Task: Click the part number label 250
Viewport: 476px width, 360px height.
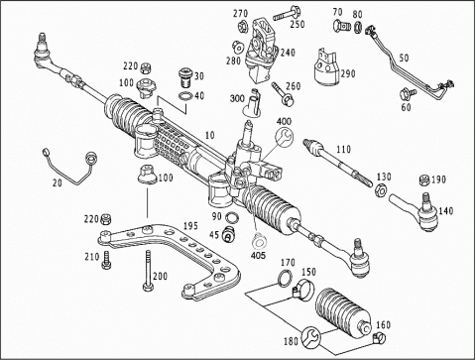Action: pyautogui.click(x=297, y=24)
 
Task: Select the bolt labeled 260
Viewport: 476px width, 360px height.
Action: pyautogui.click(x=282, y=93)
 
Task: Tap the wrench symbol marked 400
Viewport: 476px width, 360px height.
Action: pyautogui.click(x=284, y=137)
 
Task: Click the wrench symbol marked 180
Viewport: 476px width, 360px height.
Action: pyautogui.click(x=310, y=337)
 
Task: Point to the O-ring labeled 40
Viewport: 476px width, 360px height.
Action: pyautogui.click(x=185, y=97)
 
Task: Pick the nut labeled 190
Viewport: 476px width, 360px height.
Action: pyautogui.click(x=424, y=180)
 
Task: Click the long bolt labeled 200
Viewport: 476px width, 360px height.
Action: pyautogui.click(x=149, y=270)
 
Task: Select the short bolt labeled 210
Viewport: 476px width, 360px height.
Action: pyautogui.click(x=106, y=260)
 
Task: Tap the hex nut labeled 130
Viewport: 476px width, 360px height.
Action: pyautogui.click(x=381, y=190)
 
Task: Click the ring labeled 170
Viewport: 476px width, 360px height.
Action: pyautogui.click(x=285, y=278)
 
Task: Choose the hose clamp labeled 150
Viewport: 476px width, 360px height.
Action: pyautogui.click(x=303, y=287)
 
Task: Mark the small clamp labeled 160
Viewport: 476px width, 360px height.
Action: pyautogui.click(x=379, y=337)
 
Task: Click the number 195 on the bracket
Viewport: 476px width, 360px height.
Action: pyautogui.click(x=190, y=226)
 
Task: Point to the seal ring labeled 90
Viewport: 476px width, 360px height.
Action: pyautogui.click(x=231, y=218)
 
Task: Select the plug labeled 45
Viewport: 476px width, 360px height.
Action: pyautogui.click(x=228, y=234)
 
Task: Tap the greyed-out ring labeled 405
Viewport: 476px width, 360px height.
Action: pyautogui.click(x=259, y=242)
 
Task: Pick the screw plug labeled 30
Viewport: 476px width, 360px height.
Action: pyautogui.click(x=185, y=76)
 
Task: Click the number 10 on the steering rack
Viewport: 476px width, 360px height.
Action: pyautogui.click(x=209, y=135)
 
